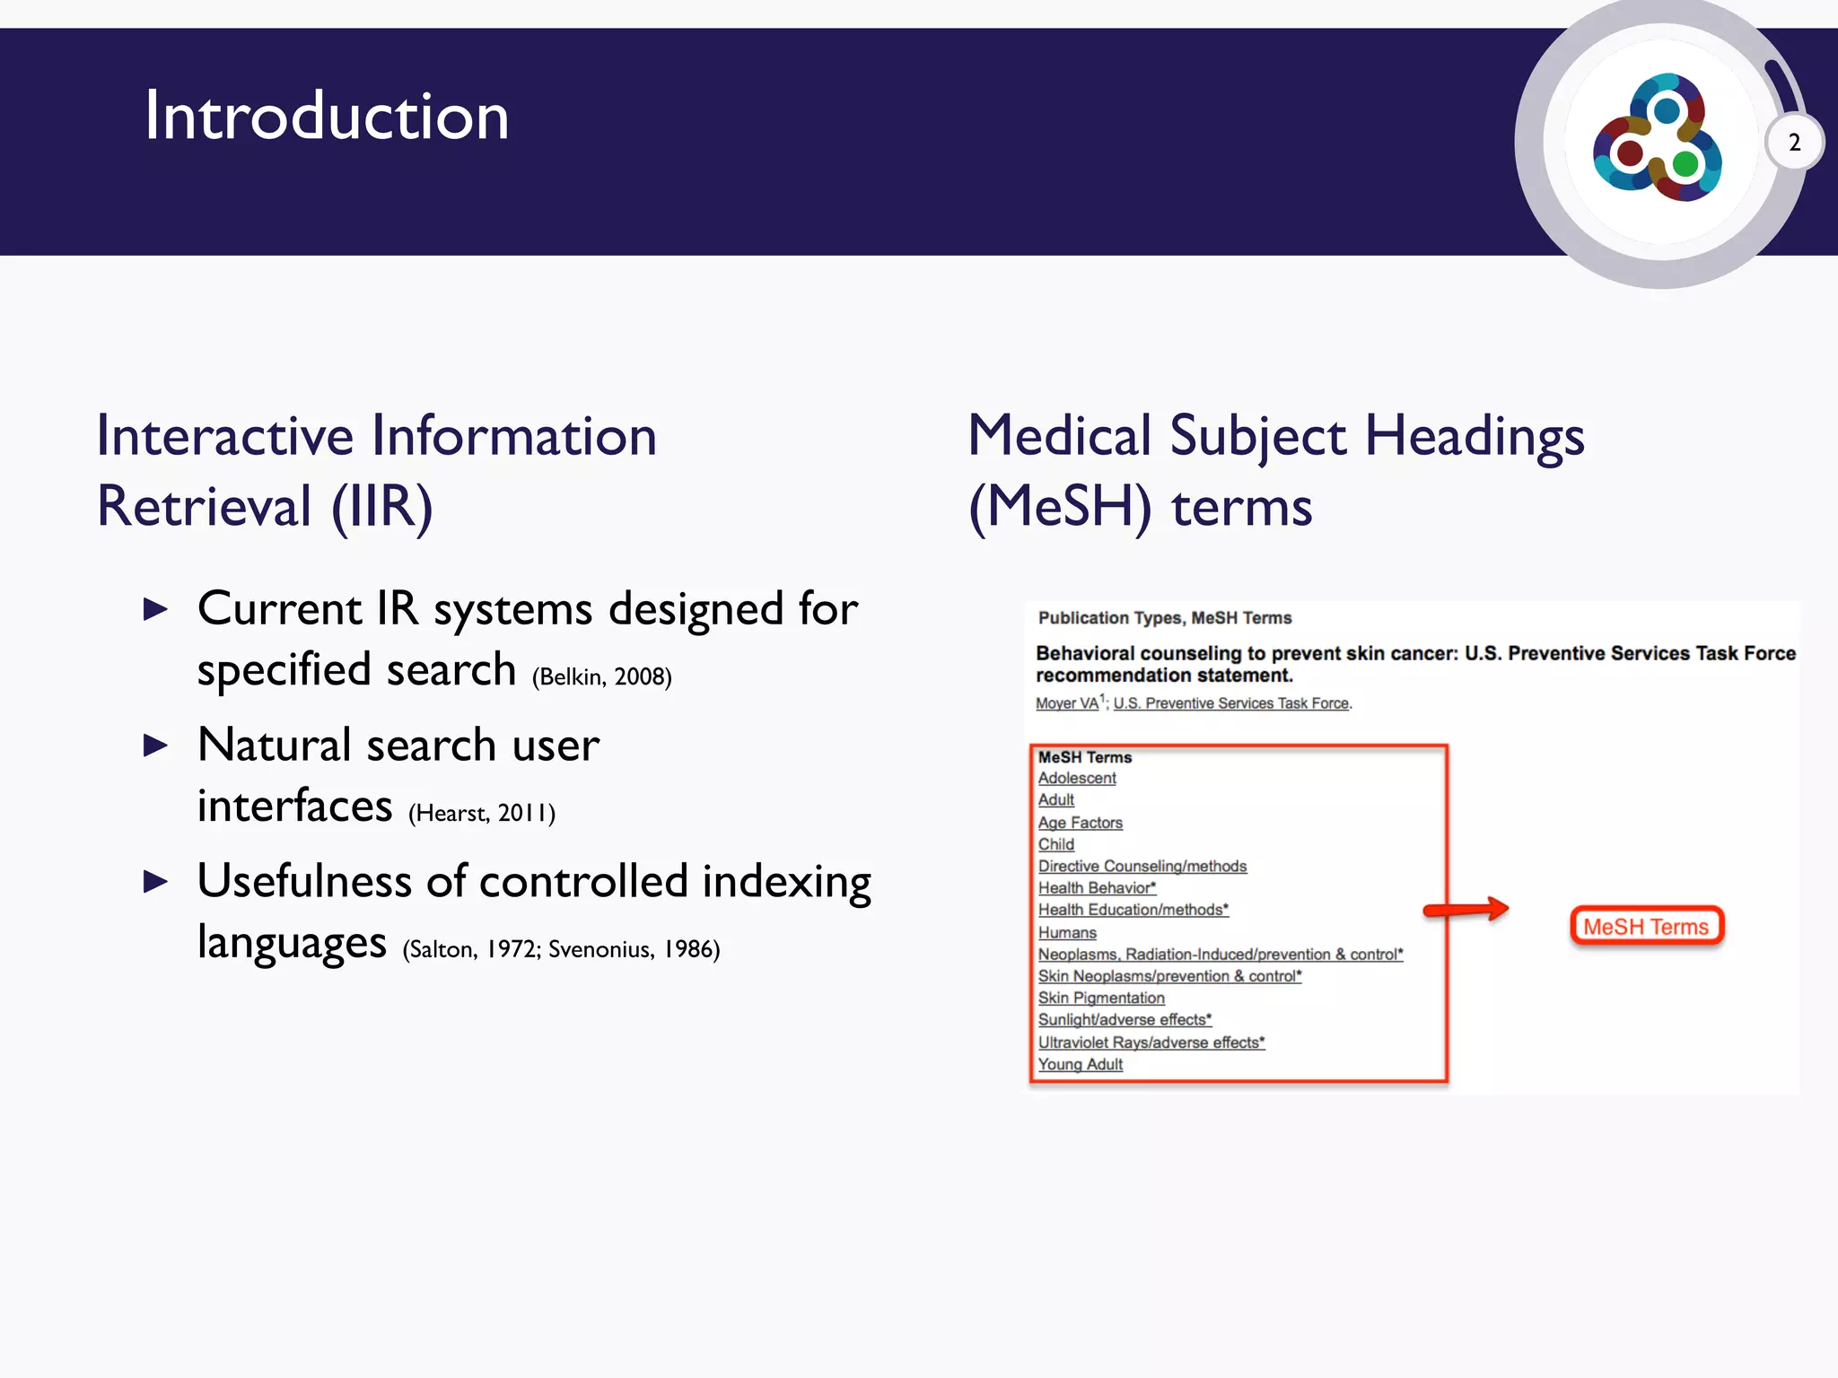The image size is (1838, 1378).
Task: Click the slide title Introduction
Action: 327,117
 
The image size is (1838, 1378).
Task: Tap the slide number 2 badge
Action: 1794,143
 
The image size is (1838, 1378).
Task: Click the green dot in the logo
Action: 1685,164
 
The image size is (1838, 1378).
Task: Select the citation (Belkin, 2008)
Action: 601,677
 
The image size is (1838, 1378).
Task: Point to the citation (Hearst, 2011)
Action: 482,814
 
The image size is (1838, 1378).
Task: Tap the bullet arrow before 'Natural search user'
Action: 156,746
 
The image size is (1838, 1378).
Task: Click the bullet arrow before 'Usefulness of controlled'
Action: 156,882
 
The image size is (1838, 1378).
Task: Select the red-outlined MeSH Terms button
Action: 1646,927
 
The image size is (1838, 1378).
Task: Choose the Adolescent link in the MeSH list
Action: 1077,779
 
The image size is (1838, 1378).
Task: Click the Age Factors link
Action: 1081,823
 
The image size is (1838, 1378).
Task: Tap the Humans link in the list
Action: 1067,933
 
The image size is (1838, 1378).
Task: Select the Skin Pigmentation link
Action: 1101,999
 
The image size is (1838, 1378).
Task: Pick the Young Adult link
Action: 1081,1065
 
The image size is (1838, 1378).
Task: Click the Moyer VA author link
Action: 1067,704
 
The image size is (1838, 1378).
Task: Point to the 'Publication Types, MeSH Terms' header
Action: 1165,618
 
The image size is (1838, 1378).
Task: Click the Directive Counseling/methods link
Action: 1142,867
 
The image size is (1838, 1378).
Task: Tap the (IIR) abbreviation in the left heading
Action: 382,508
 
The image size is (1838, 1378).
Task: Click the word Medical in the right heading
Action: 1059,437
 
